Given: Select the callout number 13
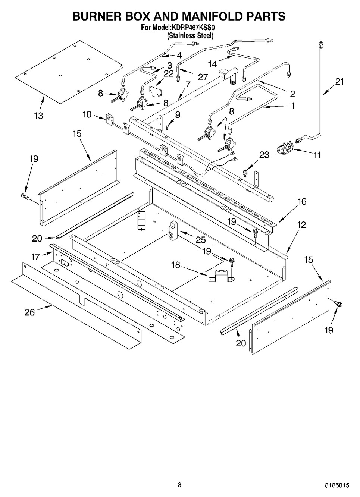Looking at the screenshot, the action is point(38,116).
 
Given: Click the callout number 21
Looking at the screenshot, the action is point(339,82).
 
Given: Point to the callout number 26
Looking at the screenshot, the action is point(30,312).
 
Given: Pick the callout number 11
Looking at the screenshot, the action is point(317,155).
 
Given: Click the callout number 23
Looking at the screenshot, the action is point(264,155).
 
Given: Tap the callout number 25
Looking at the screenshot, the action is point(200,240).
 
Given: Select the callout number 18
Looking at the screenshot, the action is point(175,265).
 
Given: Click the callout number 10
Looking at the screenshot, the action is point(87,114).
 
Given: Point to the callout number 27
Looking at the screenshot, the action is point(203,77).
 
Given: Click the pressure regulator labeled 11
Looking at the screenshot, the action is point(285,148).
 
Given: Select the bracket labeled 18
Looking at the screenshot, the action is point(221,276).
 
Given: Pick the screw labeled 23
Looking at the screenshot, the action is point(245,173).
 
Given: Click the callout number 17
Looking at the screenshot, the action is point(35,257).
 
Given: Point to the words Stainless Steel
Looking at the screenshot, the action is point(190,35).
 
